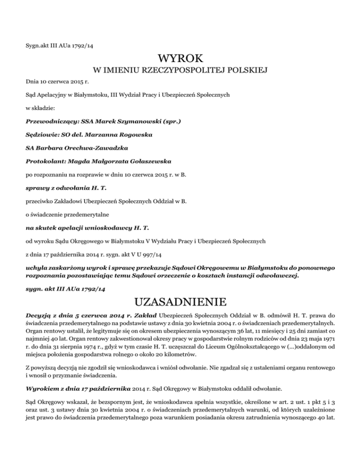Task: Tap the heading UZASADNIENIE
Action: click(x=180, y=300)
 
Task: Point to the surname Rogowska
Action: click(x=131, y=135)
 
